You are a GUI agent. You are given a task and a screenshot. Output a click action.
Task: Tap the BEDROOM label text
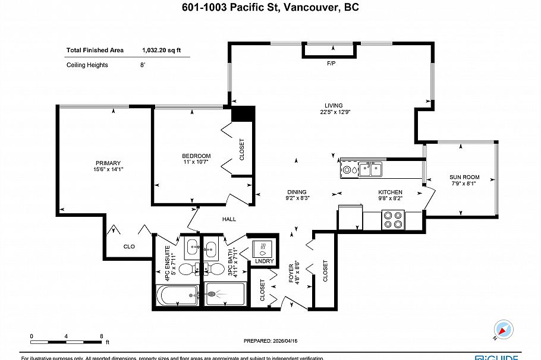pos(196,156)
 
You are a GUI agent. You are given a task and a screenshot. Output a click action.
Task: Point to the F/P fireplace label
pos(331,63)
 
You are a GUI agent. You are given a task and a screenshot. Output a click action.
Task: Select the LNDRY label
pos(265,261)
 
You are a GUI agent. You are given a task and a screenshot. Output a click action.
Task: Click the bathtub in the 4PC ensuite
pos(177,295)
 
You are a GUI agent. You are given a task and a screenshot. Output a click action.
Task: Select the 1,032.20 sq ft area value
pos(162,50)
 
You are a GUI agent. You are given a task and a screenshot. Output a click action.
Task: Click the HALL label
pos(229,219)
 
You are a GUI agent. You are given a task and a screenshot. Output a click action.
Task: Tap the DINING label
pos(297,192)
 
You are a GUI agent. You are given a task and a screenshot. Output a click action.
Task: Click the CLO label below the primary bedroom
pos(129,246)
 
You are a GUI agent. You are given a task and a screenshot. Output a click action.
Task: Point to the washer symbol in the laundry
pos(263,247)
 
